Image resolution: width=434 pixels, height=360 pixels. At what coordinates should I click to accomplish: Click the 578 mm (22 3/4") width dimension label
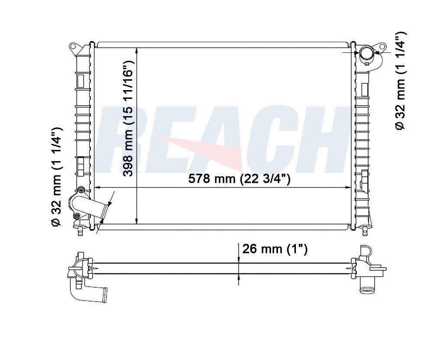pos(240,178)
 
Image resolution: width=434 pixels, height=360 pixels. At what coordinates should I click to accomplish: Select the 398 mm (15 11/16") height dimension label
pos(128,118)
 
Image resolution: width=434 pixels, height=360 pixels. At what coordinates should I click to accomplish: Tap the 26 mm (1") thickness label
pos(275,249)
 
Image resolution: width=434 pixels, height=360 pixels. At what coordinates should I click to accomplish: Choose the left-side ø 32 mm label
pos(56,177)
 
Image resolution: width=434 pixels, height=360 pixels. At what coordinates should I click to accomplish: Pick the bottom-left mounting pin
pos(80,230)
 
